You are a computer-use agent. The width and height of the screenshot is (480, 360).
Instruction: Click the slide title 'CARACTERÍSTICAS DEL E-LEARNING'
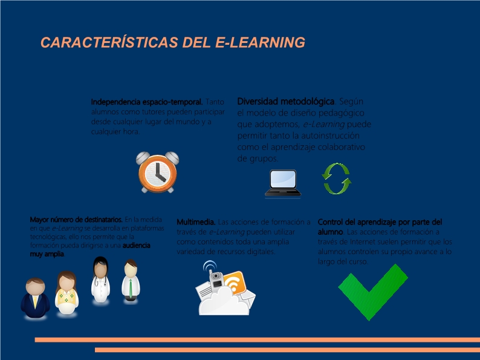(x=172, y=42)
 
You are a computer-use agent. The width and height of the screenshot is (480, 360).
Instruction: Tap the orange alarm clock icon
(x=158, y=172)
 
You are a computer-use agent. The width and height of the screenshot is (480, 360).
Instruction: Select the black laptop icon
(x=282, y=183)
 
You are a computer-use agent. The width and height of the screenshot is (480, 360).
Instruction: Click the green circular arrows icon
(x=336, y=179)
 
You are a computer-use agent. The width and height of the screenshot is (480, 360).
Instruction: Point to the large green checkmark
(x=372, y=293)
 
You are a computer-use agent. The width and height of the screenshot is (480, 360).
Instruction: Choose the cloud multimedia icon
(x=224, y=289)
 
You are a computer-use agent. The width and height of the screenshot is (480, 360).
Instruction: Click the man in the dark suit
(x=36, y=298)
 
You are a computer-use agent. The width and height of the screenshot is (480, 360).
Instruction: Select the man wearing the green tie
(x=131, y=281)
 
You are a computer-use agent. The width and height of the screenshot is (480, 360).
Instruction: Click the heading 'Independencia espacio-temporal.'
(x=148, y=102)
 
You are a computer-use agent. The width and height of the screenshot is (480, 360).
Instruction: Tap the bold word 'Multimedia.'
(x=196, y=222)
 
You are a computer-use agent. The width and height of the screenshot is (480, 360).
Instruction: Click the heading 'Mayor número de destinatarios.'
(x=76, y=220)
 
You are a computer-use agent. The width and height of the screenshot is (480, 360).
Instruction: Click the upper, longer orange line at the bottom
(x=257, y=340)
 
